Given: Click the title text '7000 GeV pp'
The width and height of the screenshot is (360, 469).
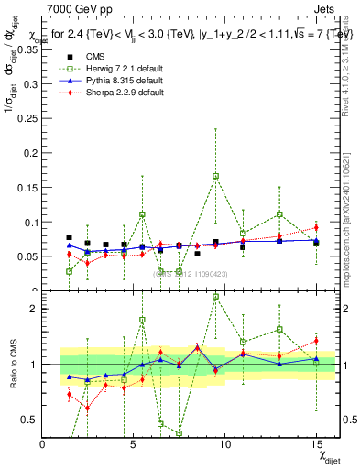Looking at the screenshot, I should pos(75,8).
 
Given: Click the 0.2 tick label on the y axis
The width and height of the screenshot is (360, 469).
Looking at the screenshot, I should pos(30,153).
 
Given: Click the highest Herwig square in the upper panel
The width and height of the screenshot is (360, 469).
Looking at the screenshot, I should pos(215,176).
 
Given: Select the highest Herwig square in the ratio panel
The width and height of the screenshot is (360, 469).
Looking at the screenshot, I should pos(215,297).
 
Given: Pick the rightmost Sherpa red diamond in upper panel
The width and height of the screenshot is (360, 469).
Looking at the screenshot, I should pos(316,227).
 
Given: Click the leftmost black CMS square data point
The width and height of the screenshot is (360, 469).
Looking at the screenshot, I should pos(70,238).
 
